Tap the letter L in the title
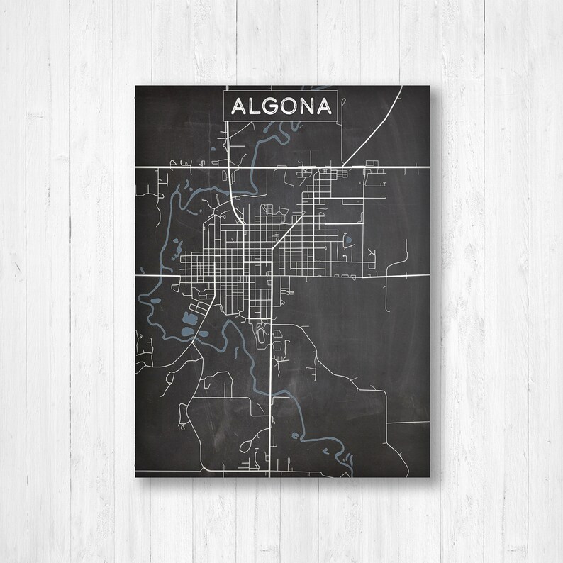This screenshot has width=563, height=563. tap(257, 106)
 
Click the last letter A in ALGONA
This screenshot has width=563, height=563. tap(324, 106)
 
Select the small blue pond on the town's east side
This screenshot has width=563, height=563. tap(347, 240)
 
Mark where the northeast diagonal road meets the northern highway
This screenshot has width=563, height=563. tap(342, 167)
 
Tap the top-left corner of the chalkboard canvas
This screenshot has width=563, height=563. tap(135, 85)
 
